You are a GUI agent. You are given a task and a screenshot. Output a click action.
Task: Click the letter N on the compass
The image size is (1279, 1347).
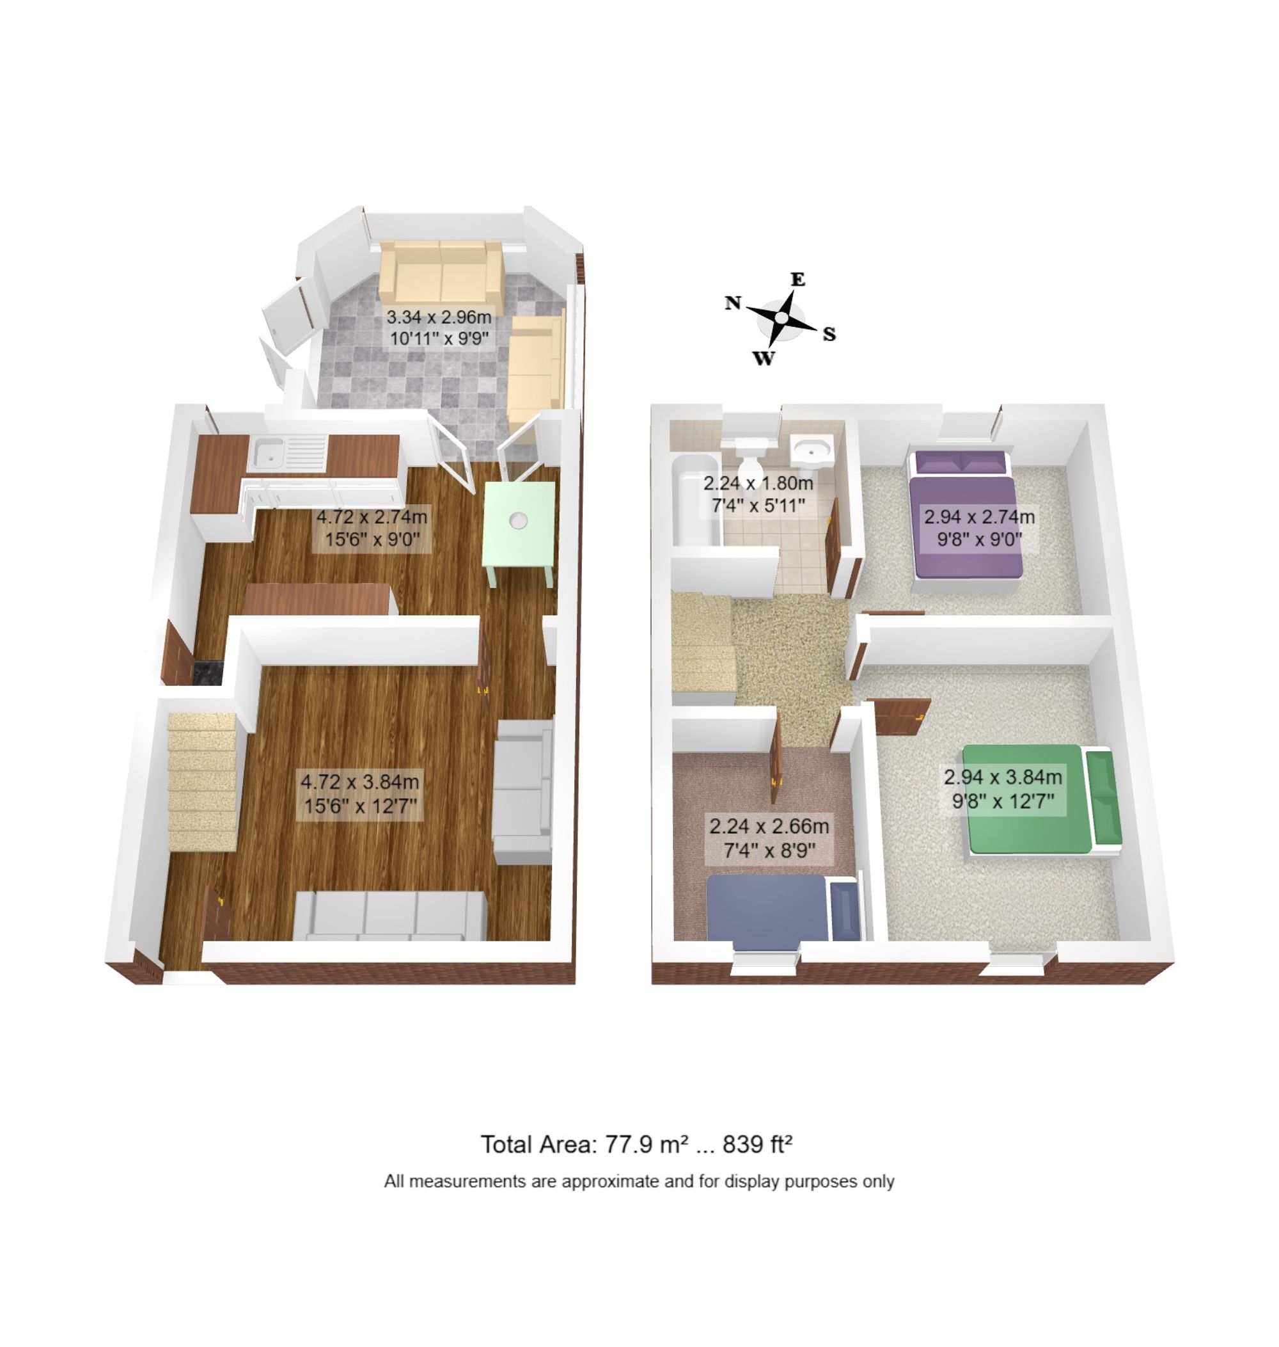coord(733,303)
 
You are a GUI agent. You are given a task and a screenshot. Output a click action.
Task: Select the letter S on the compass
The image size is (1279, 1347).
coord(829,334)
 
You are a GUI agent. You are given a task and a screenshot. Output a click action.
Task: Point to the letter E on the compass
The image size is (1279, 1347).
coord(797,279)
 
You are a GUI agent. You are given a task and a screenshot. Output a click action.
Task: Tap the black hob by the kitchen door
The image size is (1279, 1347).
coord(208,672)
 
